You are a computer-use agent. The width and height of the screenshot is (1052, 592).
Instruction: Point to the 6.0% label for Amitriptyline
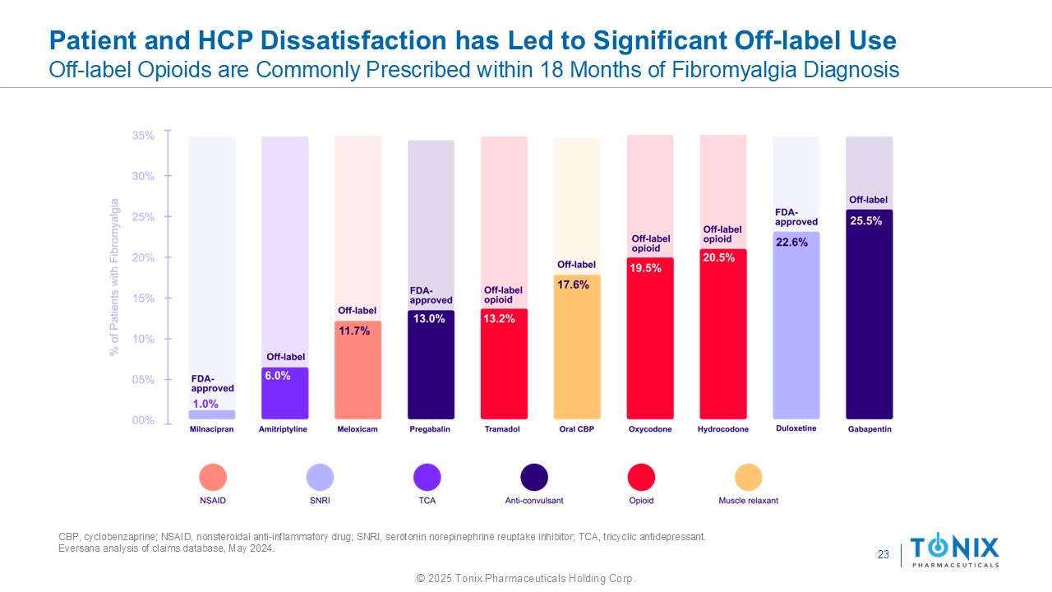coord(278,376)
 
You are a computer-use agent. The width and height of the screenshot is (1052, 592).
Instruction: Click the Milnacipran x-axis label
coord(212,429)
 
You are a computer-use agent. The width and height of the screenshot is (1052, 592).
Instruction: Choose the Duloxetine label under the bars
coord(796,428)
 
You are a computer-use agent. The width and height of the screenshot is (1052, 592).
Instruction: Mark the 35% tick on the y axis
coord(143,136)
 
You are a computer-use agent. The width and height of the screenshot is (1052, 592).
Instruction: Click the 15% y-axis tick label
coord(143,298)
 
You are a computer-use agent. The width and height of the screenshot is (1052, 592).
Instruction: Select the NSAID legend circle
coord(213,478)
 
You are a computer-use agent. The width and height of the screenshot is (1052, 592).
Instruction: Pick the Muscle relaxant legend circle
coord(748,478)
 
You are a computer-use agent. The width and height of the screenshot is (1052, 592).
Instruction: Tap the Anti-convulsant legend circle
coord(534,478)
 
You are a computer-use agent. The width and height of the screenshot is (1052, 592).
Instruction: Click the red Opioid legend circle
coord(641,478)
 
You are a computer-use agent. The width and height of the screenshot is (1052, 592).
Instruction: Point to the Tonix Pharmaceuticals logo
coord(954,550)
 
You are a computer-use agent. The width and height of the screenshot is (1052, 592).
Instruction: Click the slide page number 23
coord(884,555)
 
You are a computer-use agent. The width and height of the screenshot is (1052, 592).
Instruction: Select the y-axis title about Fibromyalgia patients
coord(115,277)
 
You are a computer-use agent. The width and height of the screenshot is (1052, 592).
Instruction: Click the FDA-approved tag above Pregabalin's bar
coord(431,295)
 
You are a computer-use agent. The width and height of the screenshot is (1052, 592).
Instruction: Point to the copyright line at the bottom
coord(526,579)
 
